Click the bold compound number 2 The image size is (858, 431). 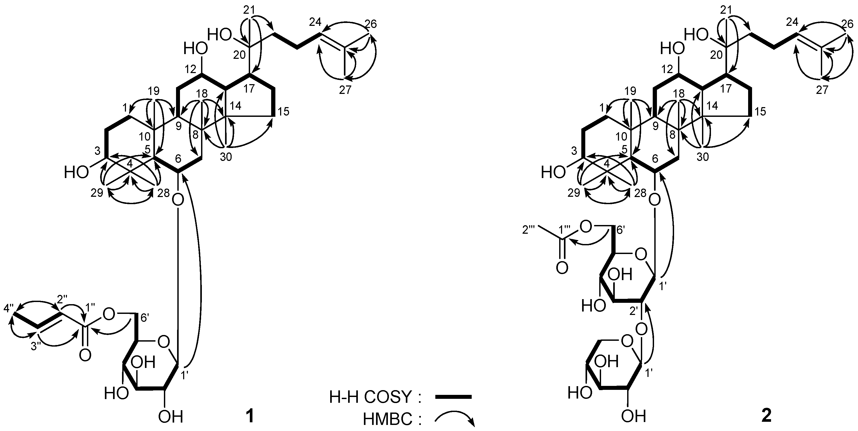pos(767,416)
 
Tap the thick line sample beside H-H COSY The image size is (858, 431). pos(453,397)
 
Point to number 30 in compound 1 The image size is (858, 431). pos(226,157)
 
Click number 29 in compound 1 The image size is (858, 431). pos(97,193)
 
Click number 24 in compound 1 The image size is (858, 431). pos(315,22)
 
